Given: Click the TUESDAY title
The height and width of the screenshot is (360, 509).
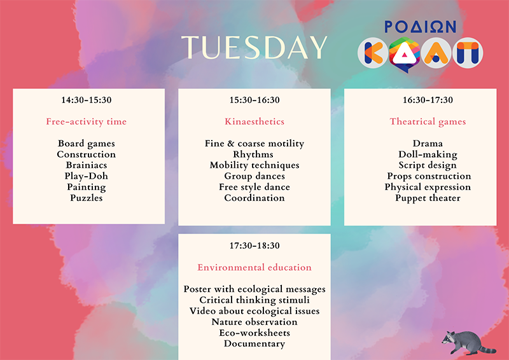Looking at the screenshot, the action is (254, 48).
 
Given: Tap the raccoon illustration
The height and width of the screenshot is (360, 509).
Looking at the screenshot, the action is (468, 342).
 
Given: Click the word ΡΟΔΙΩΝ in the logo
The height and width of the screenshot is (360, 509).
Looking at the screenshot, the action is (421, 27).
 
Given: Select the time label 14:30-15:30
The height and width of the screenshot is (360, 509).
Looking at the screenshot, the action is (87, 100).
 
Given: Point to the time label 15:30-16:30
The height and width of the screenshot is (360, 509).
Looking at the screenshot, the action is (254, 100).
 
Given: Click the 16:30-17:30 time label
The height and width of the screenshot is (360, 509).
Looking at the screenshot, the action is (428, 100).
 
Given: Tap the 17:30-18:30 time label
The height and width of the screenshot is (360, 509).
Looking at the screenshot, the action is (254, 246).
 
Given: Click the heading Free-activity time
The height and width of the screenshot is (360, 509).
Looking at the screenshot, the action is (87, 121).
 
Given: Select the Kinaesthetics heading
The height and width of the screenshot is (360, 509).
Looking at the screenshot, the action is (254, 121).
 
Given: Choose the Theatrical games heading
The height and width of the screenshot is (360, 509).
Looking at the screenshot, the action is (428, 121).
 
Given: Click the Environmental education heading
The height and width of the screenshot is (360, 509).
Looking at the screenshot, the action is (254, 267).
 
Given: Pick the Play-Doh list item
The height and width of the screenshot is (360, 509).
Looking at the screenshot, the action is (87, 176).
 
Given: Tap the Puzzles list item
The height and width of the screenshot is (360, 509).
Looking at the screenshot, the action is (87, 198).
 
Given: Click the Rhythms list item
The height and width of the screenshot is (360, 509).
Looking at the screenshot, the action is (253, 155).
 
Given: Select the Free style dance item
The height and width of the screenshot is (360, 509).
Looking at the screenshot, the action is (254, 187).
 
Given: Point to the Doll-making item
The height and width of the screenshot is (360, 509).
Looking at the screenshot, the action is (428, 155).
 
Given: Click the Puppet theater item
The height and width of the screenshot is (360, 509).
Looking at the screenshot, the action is (428, 198).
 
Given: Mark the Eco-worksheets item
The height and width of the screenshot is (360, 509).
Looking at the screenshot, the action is (254, 333).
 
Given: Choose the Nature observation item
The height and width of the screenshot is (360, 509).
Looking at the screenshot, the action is (254, 322).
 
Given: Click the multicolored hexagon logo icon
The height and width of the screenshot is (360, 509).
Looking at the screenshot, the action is (405, 54).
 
